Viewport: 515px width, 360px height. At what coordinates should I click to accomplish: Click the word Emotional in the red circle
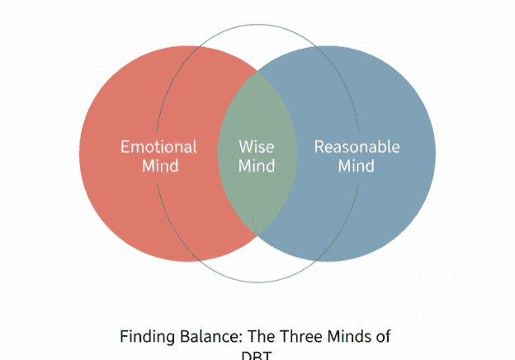[158, 147]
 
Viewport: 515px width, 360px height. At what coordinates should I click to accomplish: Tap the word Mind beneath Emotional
[159, 165]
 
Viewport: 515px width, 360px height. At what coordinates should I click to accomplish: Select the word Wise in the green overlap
[257, 147]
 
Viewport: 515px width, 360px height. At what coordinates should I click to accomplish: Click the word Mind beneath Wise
[257, 165]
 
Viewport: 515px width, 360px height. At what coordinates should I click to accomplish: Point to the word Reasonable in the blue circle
[357, 147]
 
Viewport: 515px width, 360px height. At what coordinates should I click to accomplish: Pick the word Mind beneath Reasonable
[357, 165]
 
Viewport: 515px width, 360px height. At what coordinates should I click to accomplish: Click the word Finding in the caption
[145, 337]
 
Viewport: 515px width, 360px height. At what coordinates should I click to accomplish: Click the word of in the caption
[382, 337]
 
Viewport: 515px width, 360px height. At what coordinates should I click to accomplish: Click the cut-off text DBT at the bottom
[257, 356]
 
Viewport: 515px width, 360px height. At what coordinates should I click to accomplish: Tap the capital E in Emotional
[125, 147]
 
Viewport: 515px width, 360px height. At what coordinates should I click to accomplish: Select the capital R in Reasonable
[319, 147]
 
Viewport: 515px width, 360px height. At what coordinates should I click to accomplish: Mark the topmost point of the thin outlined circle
[257, 25]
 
